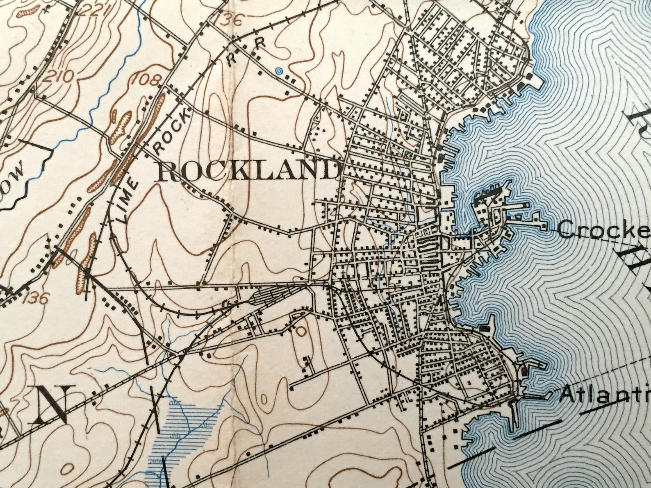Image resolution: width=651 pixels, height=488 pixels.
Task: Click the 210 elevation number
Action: pos(61,76)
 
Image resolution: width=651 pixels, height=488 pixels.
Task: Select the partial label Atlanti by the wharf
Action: pos(605,395)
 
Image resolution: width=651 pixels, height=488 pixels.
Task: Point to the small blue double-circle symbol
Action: pos(279,71)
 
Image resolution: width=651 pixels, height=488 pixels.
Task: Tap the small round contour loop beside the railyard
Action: pos(301,331)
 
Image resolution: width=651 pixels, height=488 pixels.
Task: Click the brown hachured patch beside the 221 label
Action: pos(29,11)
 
